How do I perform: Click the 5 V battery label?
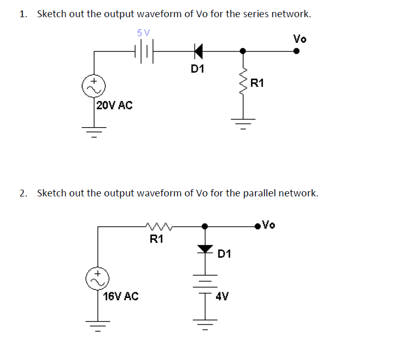tap(143, 32)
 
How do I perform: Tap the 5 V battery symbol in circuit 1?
tap(144, 51)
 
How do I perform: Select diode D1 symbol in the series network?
tap(197, 51)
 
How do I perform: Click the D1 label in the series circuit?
tap(197, 69)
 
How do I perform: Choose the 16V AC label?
tap(121, 296)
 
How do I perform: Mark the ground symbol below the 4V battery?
tap(205, 326)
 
